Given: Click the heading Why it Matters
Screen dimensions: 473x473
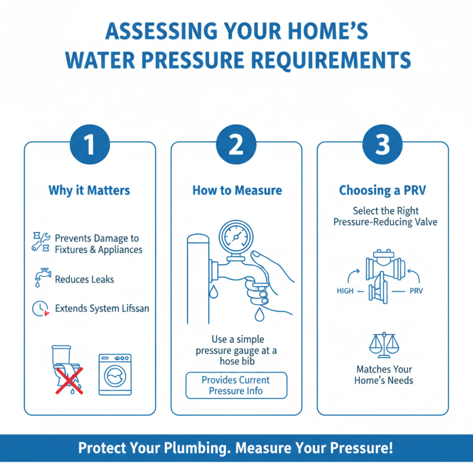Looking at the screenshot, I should [x=89, y=190].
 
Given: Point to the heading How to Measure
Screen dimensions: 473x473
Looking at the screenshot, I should [x=237, y=190].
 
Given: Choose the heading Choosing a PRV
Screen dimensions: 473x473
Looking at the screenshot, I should [x=383, y=190].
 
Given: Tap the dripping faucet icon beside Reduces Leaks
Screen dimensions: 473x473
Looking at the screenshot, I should [x=40, y=278].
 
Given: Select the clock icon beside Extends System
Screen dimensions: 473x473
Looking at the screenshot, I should [x=40, y=308].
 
